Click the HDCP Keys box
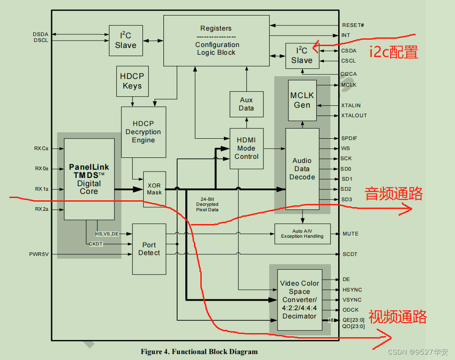tap(132, 82)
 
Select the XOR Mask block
tap(154, 189)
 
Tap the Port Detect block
tap(149, 249)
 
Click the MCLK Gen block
tap(302, 100)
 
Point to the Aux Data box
tap(246, 104)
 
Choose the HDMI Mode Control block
tap(246, 148)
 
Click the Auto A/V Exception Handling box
tap(302, 234)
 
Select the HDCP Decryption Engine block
tap(143, 132)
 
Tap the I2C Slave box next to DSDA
tap(126, 41)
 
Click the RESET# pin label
tap(353, 25)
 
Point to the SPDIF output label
tap(349, 138)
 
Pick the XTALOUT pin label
tap(354, 115)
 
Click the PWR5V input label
tap(39, 254)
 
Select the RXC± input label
tap(41, 148)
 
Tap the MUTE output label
tap(350, 234)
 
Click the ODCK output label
tap(350, 310)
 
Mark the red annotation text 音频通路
tap(394, 194)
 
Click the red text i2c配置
tap(394, 52)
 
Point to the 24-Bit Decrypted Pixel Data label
tap(207, 204)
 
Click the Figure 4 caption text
tap(199, 352)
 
